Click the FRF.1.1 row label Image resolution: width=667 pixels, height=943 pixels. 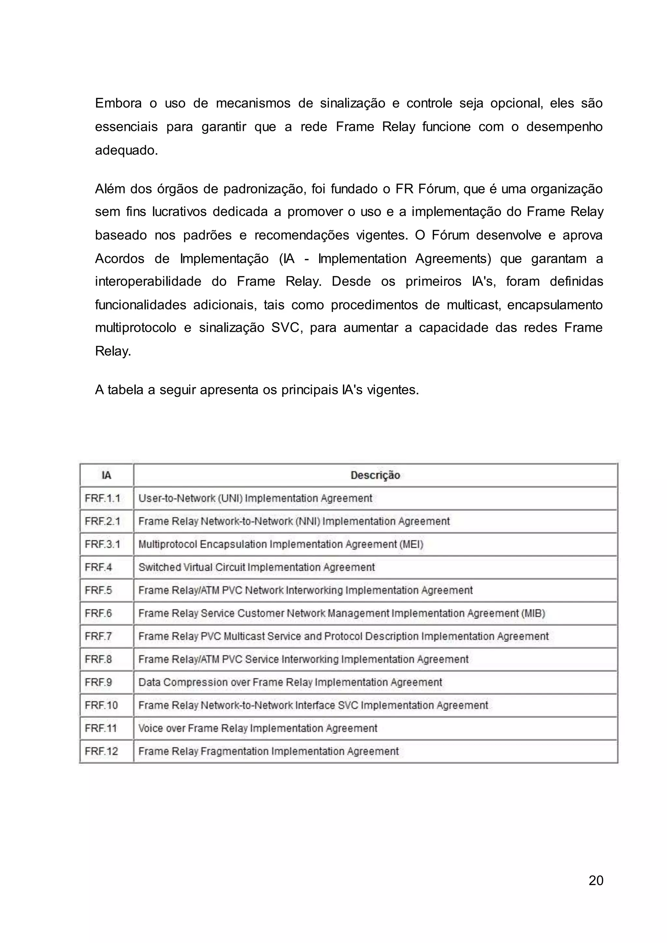pyautogui.click(x=103, y=498)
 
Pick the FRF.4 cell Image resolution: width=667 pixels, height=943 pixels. pyautogui.click(x=99, y=567)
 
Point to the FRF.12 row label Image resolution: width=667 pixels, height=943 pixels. pyautogui.click(x=101, y=751)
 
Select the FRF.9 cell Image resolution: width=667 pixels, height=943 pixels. pyautogui.click(x=99, y=682)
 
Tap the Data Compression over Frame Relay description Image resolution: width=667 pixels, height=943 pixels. pyautogui.click(x=290, y=682)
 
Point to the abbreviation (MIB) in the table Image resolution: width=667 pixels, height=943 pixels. pyautogui.click(x=533, y=613)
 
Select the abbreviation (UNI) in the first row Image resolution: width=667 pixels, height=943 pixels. pyautogui.click(x=230, y=498)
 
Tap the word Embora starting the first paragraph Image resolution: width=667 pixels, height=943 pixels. pyautogui.click(x=118, y=103)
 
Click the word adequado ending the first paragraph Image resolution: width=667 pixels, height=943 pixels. pyautogui.click(x=126, y=151)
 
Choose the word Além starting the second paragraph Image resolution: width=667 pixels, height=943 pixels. pyautogui.click(x=109, y=189)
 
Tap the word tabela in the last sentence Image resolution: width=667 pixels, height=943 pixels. pyautogui.click(x=126, y=389)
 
